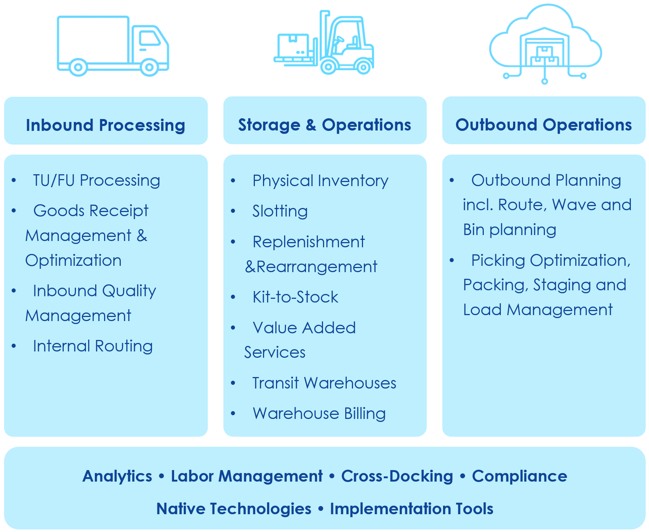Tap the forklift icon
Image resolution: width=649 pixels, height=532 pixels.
[x=324, y=42]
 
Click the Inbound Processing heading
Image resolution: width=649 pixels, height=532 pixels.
[x=106, y=125]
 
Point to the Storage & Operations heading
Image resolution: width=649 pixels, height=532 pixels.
[x=324, y=125]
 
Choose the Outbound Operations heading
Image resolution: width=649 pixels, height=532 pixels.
[x=543, y=125]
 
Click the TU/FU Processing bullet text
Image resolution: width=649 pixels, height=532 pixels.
[x=97, y=181]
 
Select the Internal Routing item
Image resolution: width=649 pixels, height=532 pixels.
[x=93, y=346]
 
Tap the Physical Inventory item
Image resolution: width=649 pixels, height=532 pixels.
[x=320, y=181]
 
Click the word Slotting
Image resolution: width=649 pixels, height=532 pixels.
[x=280, y=211]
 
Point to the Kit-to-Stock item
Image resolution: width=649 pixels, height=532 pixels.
[x=295, y=297]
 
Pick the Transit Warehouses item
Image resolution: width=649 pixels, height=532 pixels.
[x=324, y=383]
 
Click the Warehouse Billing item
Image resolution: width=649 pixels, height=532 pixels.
[x=319, y=414]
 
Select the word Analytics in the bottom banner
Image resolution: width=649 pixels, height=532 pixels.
[x=117, y=476]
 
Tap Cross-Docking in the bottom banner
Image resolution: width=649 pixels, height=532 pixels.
[x=397, y=476]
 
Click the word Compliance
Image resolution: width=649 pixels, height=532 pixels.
[x=519, y=476]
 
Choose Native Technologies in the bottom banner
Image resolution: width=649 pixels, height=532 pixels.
[x=234, y=509]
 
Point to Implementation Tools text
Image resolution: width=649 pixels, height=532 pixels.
[x=412, y=509]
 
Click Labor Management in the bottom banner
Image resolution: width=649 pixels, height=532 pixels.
[x=247, y=476]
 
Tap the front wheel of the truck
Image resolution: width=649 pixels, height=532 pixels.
[x=149, y=67]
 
